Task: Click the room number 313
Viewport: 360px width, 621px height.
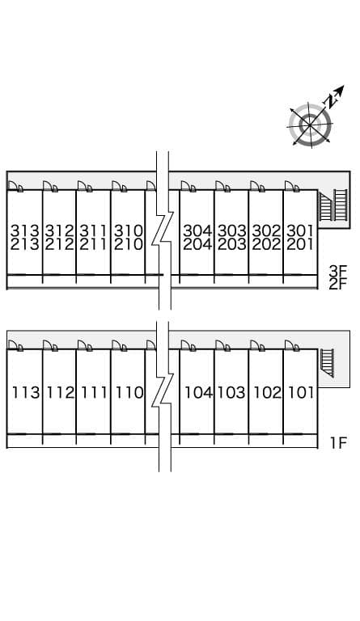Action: pos(25,230)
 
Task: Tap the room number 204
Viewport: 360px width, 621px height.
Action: pos(197,244)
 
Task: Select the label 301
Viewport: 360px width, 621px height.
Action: pos(300,230)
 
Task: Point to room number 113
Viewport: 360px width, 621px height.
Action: pos(26,392)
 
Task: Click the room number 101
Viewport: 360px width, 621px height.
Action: pos(301,392)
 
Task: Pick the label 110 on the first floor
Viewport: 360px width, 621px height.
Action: pos(129,392)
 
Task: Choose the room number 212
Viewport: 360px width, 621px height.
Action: pos(59,244)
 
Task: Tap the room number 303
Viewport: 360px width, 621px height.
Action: pos(232,230)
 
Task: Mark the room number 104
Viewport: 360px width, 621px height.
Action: pos(199,392)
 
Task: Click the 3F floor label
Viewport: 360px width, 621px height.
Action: pos(338,272)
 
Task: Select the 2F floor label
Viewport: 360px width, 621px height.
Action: pos(338,284)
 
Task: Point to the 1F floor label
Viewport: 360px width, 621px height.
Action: pos(339,443)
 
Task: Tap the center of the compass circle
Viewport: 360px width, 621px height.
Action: pos(309,125)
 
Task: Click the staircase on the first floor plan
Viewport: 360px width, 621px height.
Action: pos(327,363)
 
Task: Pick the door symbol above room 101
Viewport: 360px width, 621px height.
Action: pos(292,345)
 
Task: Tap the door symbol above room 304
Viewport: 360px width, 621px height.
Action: pos(188,187)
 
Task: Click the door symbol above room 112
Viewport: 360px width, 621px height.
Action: pos(50,345)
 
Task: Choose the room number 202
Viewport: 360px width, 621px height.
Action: pos(266,244)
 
